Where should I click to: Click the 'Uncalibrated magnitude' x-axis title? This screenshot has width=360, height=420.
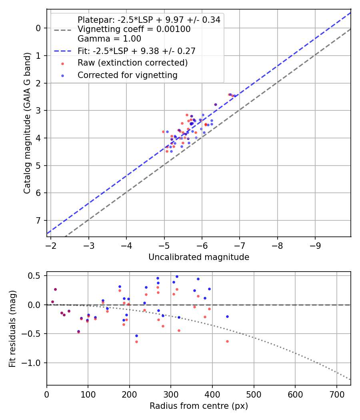tap(199, 257)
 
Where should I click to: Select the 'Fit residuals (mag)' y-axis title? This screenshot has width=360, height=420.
tap(12, 328)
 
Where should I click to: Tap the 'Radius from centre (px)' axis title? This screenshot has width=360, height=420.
tap(199, 406)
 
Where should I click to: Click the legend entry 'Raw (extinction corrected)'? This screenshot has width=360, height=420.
tap(132, 63)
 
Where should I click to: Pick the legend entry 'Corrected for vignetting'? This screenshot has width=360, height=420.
tap(128, 75)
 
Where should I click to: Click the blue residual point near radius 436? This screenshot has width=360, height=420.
tap(227, 316)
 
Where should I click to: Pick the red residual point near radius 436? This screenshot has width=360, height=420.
tap(227, 341)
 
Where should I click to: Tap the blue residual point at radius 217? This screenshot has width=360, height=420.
tap(136, 336)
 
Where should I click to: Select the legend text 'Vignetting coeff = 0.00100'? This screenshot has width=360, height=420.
tap(134, 29)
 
